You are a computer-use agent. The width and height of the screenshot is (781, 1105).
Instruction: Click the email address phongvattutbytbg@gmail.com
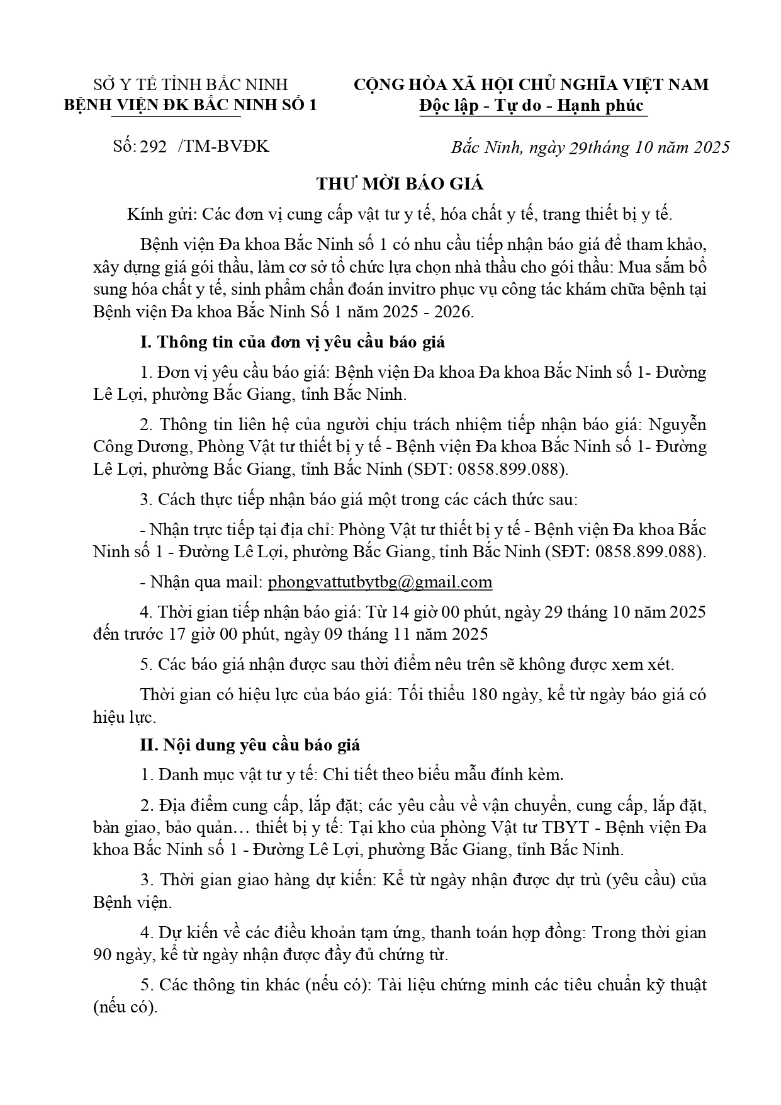tap(379, 582)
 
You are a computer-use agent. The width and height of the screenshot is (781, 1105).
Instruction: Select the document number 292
tap(154, 147)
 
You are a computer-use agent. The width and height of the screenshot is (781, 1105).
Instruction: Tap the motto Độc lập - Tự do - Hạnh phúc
tap(532, 105)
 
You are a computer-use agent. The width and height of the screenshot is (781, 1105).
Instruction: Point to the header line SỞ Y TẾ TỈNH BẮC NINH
tap(191, 84)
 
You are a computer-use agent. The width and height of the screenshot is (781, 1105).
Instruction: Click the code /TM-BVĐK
tap(223, 147)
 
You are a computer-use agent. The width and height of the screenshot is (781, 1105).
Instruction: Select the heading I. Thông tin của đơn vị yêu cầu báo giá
tap(292, 342)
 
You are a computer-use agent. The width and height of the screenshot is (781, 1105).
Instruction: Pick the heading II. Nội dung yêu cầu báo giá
tap(250, 744)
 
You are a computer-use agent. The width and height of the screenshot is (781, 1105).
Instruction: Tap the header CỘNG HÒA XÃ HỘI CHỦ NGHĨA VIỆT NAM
tap(531, 84)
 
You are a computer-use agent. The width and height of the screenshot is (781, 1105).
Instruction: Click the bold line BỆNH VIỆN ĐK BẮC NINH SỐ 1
tap(191, 105)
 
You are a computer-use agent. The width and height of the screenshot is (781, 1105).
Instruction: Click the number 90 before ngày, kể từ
tap(102, 955)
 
